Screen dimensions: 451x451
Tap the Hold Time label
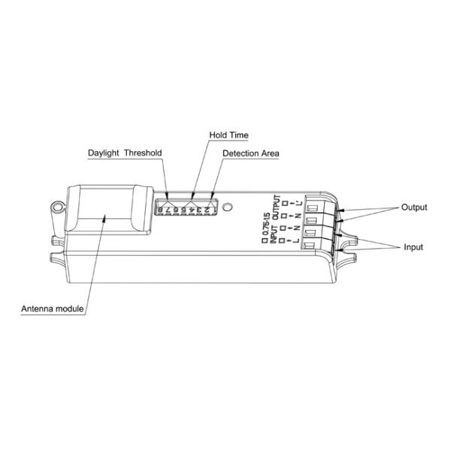229,135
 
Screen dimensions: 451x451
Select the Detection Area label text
251,153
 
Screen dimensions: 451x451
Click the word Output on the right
414,207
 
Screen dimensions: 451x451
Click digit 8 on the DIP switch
162,208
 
